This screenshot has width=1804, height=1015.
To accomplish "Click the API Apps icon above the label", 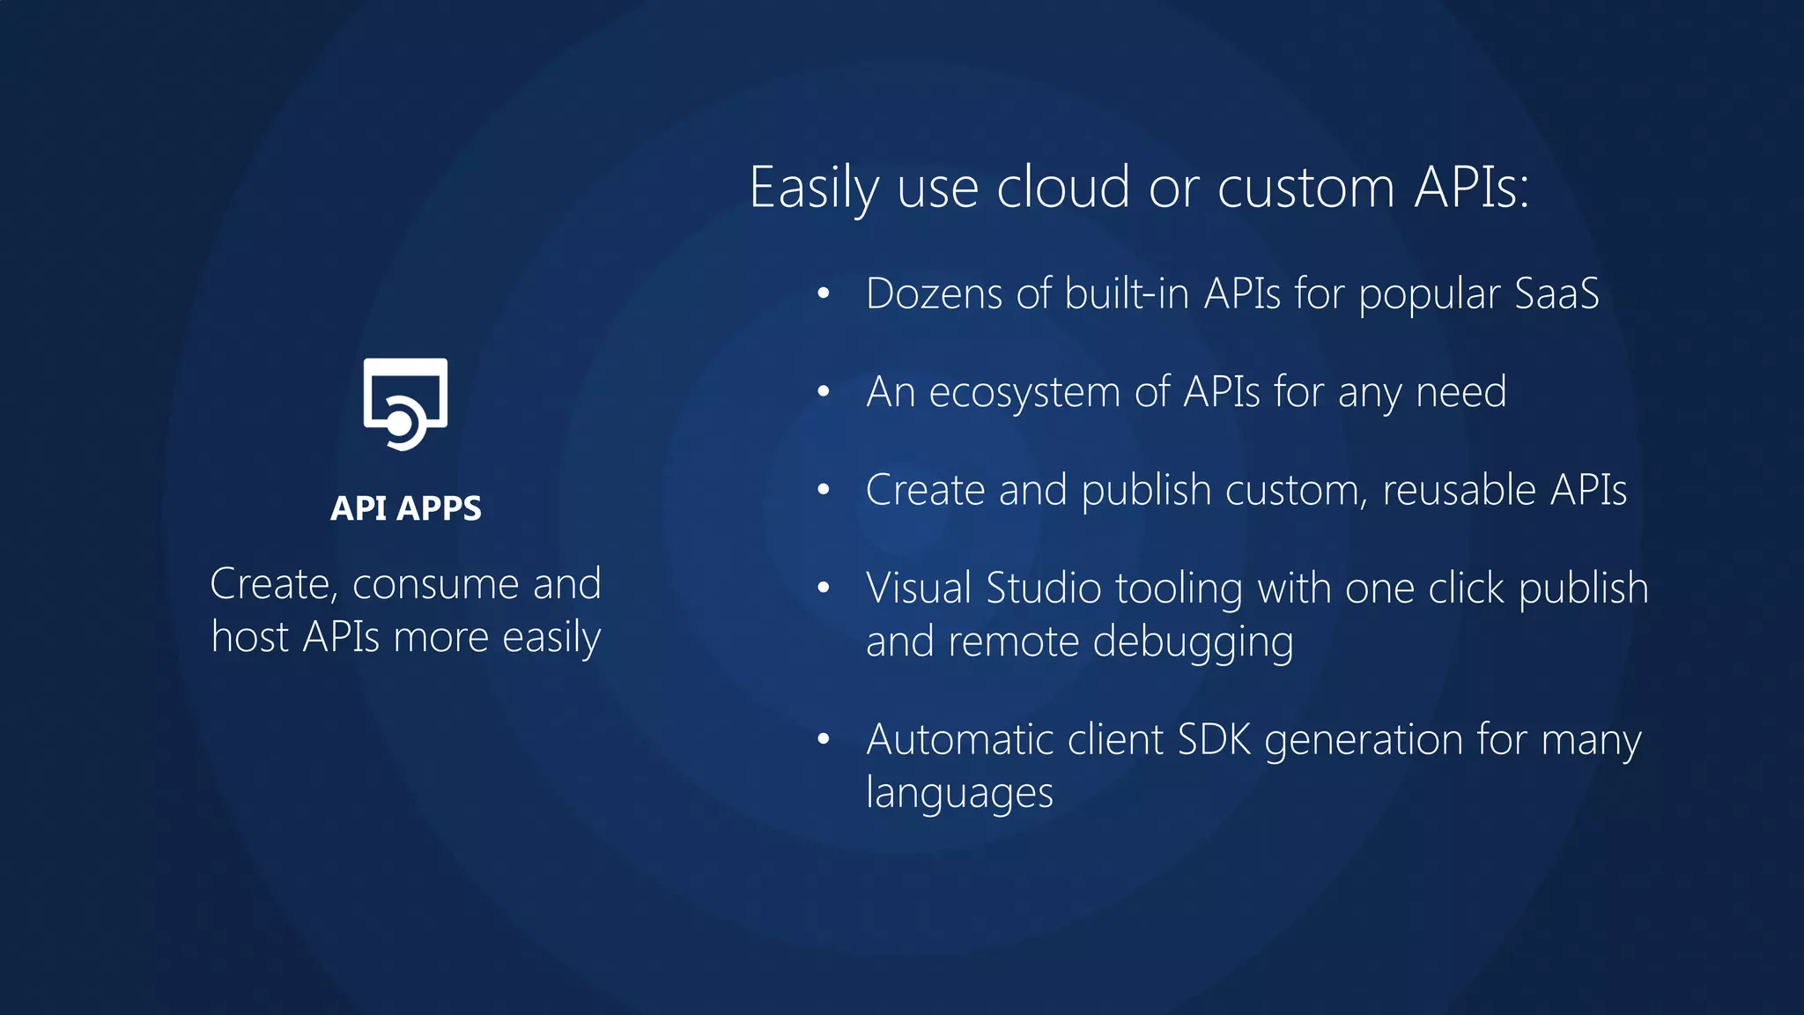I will coord(405,404).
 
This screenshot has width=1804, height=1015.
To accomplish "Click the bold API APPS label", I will coord(405,508).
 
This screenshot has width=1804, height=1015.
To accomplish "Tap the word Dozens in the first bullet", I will coord(934,293).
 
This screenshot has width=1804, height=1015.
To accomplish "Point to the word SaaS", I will coord(1556,293).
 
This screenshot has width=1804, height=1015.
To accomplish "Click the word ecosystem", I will coord(1024,392).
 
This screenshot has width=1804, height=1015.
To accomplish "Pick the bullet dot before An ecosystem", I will coord(824,391).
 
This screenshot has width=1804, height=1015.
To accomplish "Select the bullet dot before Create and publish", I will coord(824,489).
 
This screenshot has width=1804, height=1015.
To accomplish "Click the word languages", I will coord(959,793).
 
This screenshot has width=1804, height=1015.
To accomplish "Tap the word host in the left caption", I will coord(250,637).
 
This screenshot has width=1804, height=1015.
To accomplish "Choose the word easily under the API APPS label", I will coord(551,637).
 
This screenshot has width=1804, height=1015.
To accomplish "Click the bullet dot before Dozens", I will coord(824,293).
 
